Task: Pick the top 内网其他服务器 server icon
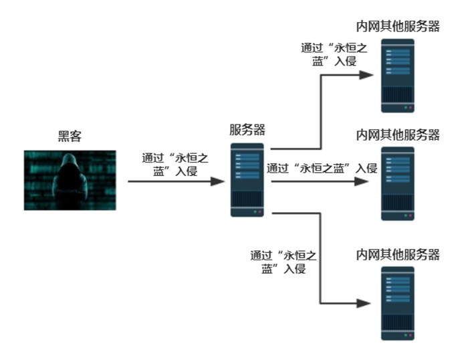398,76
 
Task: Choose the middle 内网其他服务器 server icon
398,183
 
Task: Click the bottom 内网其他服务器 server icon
398,303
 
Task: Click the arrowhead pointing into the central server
217,181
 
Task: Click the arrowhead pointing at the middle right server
365,181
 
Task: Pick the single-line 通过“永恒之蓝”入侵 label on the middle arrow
322,168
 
